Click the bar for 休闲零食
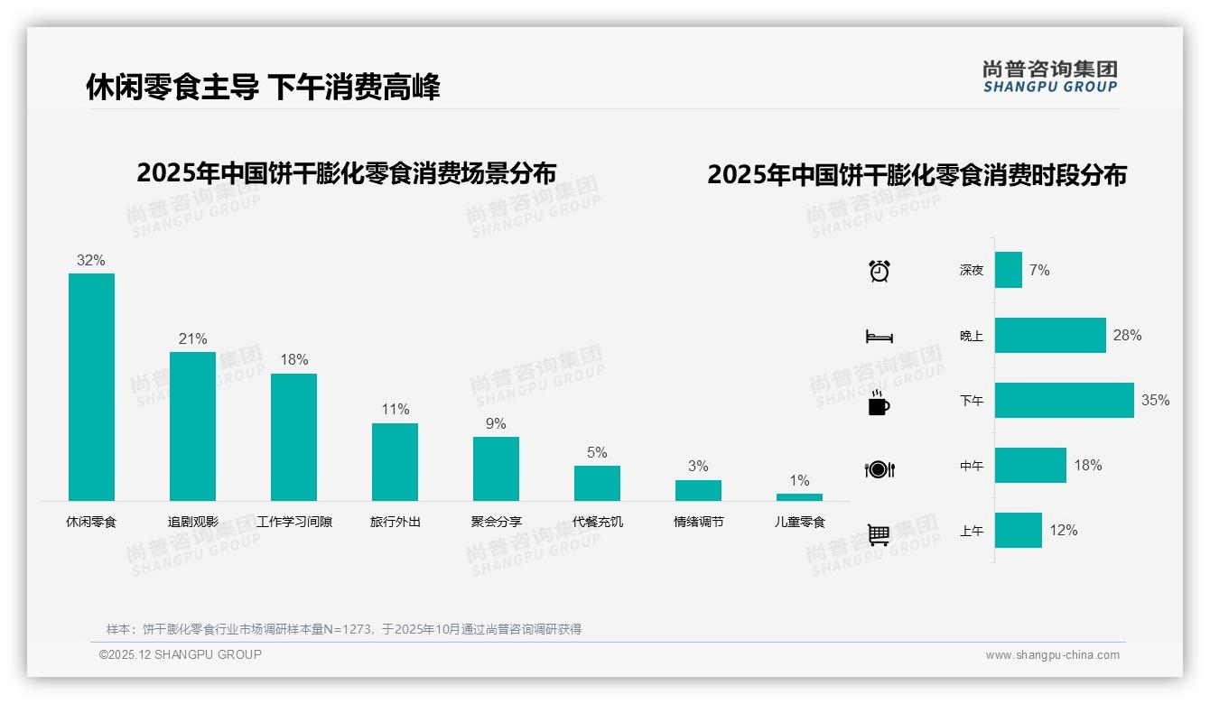91,386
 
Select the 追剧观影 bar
192,426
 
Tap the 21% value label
192,339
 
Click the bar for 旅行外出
395,461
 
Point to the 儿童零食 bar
799,497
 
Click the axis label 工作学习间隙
294,522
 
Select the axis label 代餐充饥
597,522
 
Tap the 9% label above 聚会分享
496,424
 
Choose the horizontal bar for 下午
1064,400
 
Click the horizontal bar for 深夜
1008,270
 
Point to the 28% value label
1127,336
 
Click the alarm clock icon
879,271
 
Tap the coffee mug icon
879,403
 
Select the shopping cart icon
879,534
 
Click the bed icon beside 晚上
879,337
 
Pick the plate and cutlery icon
879,469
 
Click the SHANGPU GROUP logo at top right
1049,77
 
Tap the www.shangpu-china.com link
1052,655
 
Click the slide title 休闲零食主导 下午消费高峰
263,88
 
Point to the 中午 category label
972,466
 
